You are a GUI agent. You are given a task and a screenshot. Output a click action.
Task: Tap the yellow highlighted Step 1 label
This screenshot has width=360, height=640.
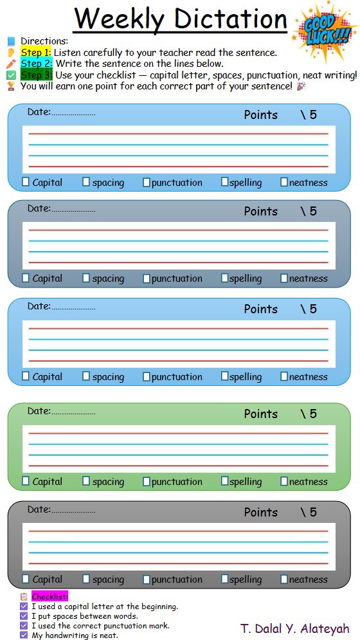pos(36,53)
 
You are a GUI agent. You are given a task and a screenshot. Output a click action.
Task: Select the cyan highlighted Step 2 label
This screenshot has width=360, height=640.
pos(37,64)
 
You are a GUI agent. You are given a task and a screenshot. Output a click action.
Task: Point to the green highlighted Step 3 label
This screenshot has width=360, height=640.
pos(37,75)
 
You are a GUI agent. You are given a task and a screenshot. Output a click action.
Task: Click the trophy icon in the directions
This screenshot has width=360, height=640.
pos(11,86)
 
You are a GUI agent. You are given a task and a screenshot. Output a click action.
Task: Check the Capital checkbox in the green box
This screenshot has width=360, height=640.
pos(26,481)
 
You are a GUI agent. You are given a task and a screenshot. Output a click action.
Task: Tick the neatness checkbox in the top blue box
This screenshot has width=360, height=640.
pos(284,182)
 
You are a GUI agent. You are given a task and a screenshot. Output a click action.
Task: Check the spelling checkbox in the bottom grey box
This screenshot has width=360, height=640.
pos(224,578)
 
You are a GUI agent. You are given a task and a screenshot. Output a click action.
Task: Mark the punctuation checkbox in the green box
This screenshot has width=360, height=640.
pos(147,482)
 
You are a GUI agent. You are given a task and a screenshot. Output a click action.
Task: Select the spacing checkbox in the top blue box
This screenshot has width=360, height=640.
pos(86,181)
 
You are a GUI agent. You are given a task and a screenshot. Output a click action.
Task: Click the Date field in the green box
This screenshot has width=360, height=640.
pos(61,412)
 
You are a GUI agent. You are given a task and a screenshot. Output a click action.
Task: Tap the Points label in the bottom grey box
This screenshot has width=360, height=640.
pos(260,512)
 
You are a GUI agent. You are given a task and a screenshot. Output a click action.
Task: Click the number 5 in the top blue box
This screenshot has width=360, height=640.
pos(313,114)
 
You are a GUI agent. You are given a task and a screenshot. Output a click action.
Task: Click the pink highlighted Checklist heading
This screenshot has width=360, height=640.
pos(50,596)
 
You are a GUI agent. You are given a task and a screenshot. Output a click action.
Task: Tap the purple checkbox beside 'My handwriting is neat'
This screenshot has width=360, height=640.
pos(24,635)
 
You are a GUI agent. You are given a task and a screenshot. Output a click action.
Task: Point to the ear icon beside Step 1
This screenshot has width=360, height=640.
pos(11,53)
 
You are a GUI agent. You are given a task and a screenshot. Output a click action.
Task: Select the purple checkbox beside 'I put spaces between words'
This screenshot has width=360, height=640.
pos(24,616)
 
